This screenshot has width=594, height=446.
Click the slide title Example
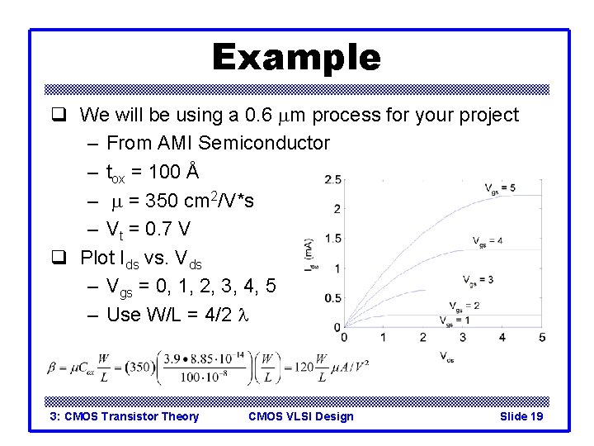coord(296,58)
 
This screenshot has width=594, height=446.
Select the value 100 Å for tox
coord(175,172)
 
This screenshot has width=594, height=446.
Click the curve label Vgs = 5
coord(500,188)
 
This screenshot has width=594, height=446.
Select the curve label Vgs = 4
coord(488,241)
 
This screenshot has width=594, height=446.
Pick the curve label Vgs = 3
coord(478,279)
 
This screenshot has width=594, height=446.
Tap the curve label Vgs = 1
coord(455,320)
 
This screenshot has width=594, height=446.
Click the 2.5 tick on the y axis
coord(333,179)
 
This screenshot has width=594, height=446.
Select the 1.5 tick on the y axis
coord(333,239)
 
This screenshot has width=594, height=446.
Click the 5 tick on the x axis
coord(541,337)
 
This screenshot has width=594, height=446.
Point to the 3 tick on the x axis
coord(462,337)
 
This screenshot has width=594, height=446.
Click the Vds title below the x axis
coord(445,358)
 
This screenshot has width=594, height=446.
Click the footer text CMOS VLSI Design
coord(300,416)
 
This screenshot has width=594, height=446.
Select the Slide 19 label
coord(521,416)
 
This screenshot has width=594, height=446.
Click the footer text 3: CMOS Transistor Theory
coord(125,416)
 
